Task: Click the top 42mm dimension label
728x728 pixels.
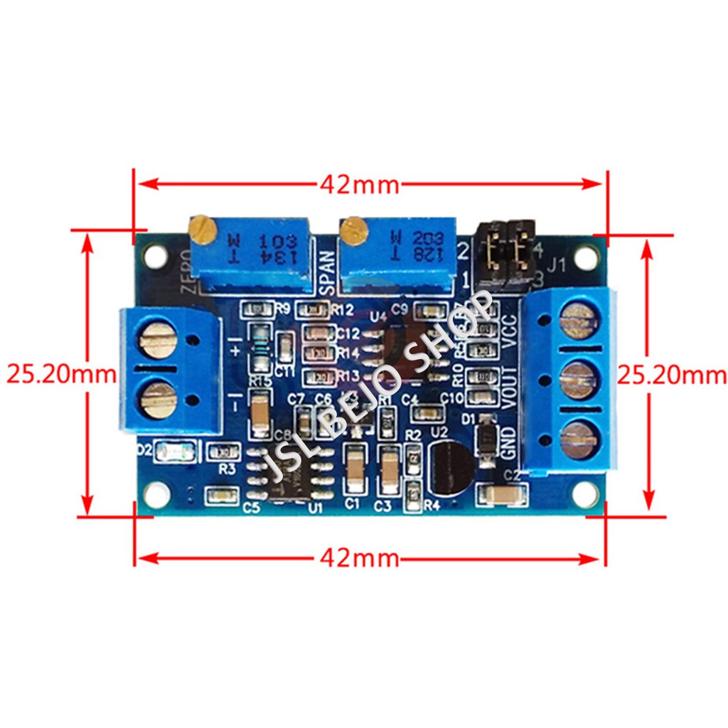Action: click(x=359, y=185)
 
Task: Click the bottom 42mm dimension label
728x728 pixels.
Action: click(x=359, y=558)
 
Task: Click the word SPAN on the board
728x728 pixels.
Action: click(x=326, y=272)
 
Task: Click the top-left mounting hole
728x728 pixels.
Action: click(x=156, y=256)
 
